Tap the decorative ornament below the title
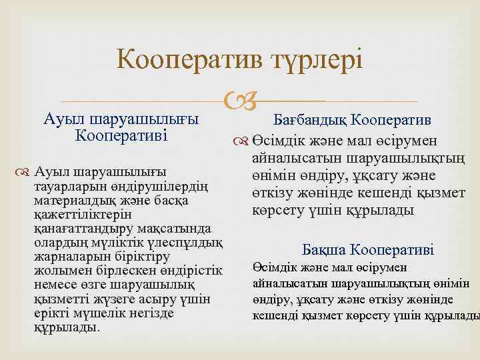coord(239,102)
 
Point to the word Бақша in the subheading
coord(325,251)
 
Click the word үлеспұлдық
coord(181,242)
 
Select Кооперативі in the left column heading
coord(121,135)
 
